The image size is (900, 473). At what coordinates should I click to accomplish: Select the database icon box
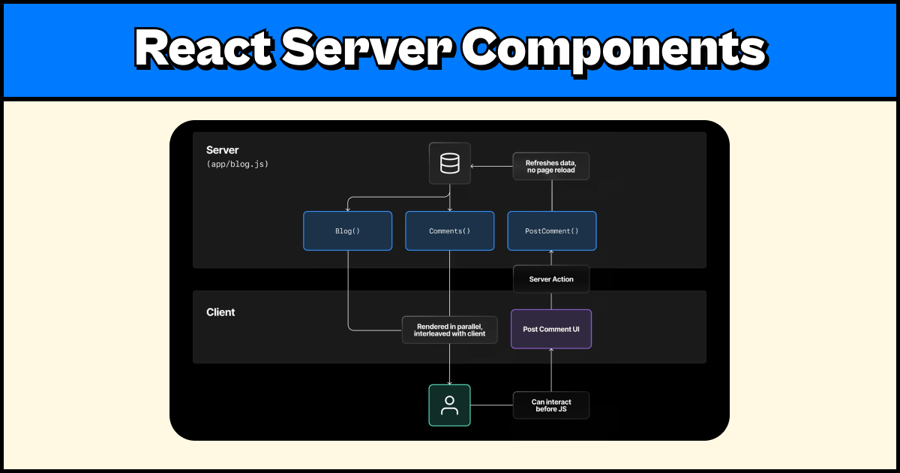point(449,164)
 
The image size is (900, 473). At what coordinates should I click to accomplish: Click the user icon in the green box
point(449,405)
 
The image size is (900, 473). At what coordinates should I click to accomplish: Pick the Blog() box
point(347,230)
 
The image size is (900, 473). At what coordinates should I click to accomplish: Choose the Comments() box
point(449,230)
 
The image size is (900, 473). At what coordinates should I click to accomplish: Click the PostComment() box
point(551,230)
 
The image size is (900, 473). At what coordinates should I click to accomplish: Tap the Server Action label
point(551,279)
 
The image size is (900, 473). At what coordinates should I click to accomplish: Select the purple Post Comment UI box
point(551,329)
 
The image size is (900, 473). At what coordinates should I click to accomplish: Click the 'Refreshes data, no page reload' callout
point(551,166)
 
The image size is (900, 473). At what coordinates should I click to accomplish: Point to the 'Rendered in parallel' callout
point(449,330)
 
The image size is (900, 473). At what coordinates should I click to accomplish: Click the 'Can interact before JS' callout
point(551,405)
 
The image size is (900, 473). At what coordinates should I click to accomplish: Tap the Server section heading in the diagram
point(222,150)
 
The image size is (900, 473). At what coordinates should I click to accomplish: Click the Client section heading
point(220,312)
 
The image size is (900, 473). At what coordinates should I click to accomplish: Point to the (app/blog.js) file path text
point(237,164)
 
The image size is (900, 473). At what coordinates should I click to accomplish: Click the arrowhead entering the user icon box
point(449,382)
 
